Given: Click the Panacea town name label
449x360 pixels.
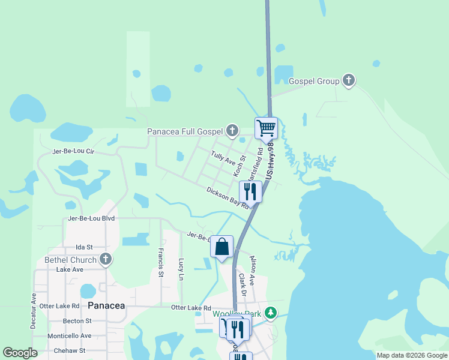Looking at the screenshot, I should [106, 305].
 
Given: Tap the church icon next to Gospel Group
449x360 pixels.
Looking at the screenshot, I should [349, 81].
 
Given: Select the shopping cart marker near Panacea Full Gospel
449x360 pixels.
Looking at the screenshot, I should [265, 127].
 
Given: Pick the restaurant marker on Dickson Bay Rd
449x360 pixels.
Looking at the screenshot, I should [249, 191].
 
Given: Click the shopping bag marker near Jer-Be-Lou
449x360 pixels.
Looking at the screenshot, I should [221, 247].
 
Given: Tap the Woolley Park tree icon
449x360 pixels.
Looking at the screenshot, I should [271, 313].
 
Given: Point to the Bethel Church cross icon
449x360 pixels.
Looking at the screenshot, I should [106, 260].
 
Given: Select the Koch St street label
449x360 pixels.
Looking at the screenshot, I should [240, 166].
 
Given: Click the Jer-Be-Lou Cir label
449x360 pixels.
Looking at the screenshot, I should [74, 152].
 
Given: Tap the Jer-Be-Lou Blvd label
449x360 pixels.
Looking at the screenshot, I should [91, 218].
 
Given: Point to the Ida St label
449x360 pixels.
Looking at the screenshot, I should [84, 247].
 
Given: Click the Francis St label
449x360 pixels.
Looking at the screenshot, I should [161, 262].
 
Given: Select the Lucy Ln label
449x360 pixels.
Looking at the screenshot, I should [181, 269].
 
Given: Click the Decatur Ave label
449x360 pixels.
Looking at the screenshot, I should [33, 311].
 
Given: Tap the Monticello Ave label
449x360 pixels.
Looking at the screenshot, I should [69, 336].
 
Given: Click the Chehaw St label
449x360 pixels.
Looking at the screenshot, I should [69, 350].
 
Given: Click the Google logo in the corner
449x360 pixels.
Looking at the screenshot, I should [20, 353].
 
